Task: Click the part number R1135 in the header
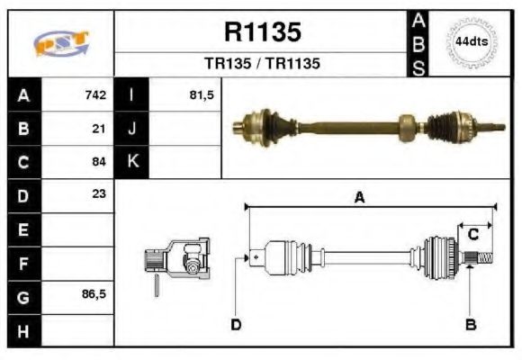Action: (262, 32)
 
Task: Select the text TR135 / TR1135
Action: (262, 64)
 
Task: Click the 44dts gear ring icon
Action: (472, 42)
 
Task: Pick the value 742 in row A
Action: (95, 94)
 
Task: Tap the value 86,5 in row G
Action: (94, 294)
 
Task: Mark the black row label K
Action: (131, 162)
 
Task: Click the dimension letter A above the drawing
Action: (359, 199)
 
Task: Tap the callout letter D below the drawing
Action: (236, 324)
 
